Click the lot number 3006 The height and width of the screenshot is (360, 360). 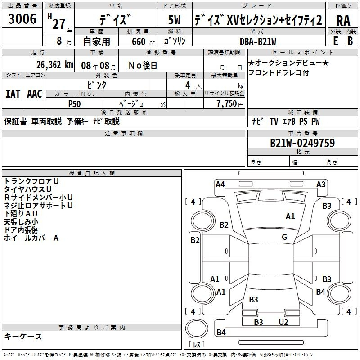22,19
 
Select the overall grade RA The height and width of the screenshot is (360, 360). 343,20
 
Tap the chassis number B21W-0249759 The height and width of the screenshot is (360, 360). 302,143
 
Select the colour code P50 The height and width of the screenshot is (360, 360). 75,103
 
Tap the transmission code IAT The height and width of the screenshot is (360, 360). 13,94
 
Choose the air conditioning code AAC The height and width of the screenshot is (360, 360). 35,94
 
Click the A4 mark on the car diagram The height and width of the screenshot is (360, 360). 220,184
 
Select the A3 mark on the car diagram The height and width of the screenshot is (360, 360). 321,184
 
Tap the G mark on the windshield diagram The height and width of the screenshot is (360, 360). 284,237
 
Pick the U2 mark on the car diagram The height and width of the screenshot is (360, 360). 283,322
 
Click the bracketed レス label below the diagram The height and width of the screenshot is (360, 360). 197,344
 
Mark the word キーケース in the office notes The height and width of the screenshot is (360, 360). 23,336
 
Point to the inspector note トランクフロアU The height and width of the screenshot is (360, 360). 31,181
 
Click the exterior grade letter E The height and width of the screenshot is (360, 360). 335,40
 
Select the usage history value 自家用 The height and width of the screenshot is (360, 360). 96,41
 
